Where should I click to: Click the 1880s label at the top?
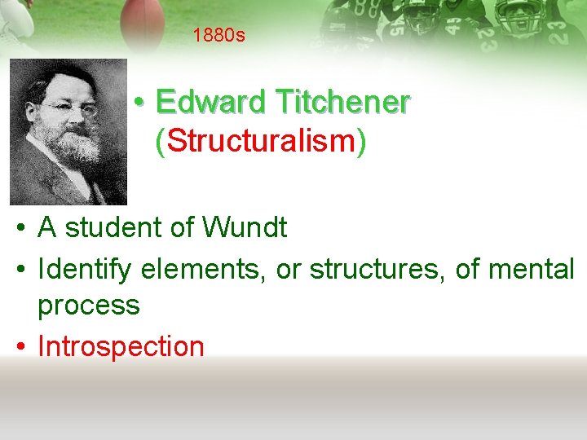219,36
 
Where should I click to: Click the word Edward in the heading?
210,103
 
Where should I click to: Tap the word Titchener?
342,103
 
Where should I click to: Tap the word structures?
376,267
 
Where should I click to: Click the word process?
89,306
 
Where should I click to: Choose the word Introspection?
121,346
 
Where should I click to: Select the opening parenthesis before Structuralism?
161,143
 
